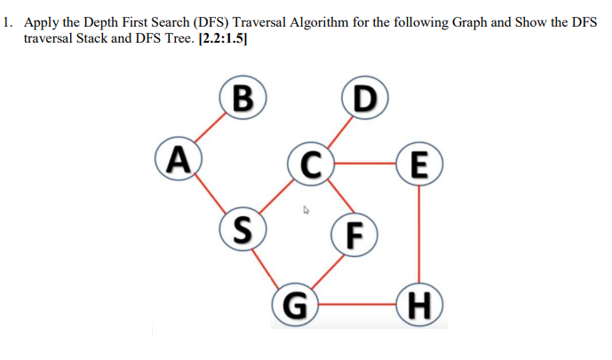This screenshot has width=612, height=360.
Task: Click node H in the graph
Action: coord(419,301)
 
